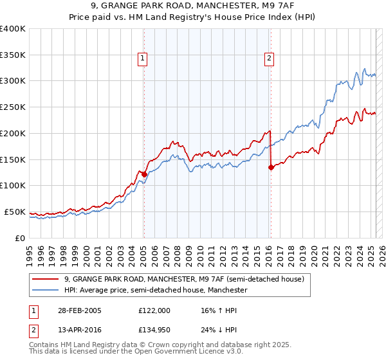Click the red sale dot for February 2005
144,174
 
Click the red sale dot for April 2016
271,167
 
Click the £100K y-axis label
13,186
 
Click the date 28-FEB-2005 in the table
80,310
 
